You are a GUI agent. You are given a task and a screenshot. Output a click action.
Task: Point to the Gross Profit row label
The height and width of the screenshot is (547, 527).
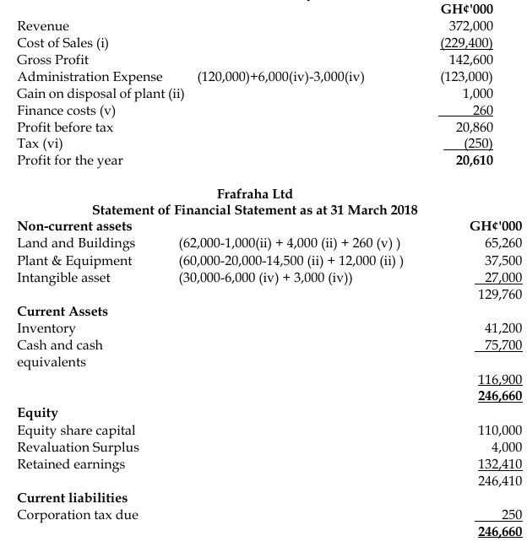point(52,60)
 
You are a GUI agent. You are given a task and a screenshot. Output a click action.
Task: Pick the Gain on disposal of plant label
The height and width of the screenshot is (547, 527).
point(101,94)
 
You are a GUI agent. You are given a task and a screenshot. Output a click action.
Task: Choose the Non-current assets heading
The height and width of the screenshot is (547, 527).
point(74,226)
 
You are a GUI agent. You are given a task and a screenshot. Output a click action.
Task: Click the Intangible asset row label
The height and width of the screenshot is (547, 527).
point(63,277)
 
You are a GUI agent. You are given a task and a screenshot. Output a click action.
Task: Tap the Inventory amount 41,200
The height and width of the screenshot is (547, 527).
point(503,328)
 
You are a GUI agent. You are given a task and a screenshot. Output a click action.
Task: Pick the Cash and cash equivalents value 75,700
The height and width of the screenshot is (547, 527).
point(502,344)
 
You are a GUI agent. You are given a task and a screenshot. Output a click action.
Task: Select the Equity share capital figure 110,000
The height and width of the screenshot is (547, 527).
point(500,431)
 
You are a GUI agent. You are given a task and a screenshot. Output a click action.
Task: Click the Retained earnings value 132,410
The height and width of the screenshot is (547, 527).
point(500,464)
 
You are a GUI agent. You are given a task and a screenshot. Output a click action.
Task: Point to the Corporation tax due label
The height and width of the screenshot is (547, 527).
point(79,515)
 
